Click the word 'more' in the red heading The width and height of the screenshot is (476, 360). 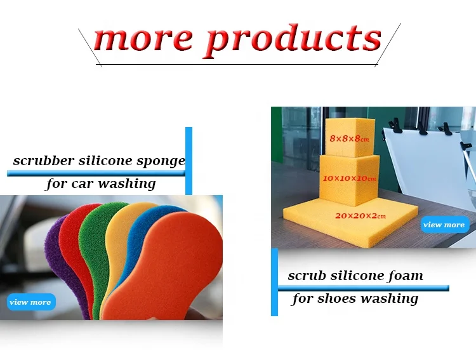point(143,39)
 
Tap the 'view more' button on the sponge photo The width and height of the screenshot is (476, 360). point(31,302)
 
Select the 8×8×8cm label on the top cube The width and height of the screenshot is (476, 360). point(349,138)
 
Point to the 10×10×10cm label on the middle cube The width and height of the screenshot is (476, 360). point(349,179)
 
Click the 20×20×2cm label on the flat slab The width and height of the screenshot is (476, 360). point(360,217)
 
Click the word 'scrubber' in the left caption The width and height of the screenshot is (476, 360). point(42,161)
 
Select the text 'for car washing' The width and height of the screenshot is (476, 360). point(100,184)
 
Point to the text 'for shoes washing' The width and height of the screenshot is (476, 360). point(355,298)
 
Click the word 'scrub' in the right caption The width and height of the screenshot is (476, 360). point(307,276)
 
